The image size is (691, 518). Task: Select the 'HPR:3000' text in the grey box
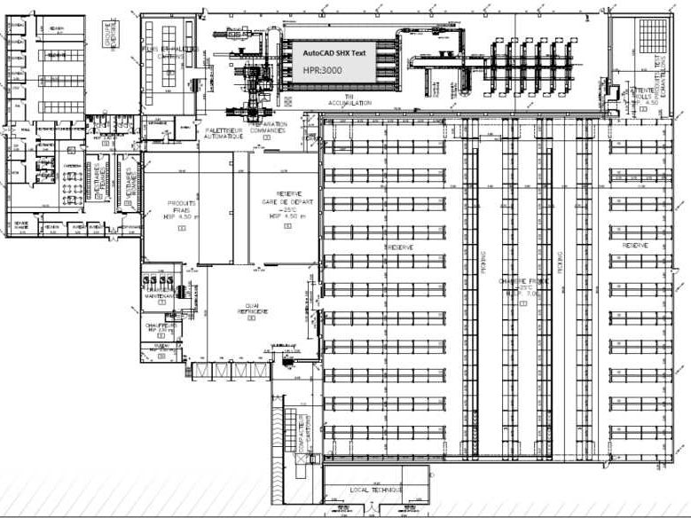pos(325,70)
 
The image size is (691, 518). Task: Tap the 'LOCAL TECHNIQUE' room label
pos(375,490)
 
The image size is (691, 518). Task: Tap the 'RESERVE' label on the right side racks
pos(635,245)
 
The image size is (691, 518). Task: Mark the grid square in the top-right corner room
pos(656,41)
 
